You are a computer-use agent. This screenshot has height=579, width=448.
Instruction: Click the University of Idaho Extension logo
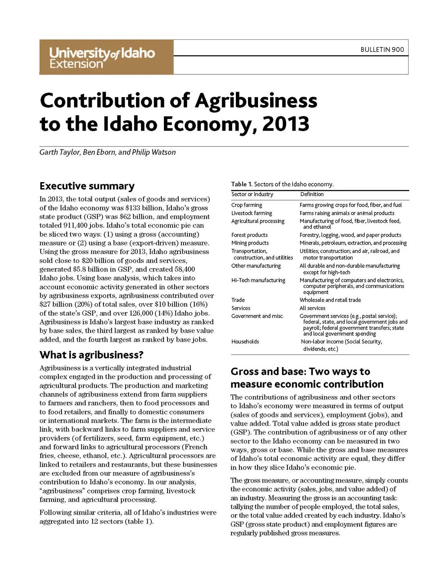[x=102, y=57]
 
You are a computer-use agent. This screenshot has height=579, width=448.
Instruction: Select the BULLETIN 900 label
[x=382, y=49]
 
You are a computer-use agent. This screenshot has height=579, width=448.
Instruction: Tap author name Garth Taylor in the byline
[x=60, y=152]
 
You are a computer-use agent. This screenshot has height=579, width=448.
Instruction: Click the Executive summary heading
[x=87, y=186]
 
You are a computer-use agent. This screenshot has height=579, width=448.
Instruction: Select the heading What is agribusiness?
[x=91, y=355]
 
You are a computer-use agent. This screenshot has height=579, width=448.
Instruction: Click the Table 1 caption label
[x=242, y=184]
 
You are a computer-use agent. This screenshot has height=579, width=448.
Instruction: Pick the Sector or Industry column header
[x=252, y=194]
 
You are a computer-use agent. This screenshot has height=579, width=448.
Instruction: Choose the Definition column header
[x=312, y=194]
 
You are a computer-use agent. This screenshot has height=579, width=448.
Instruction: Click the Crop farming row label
[x=247, y=205]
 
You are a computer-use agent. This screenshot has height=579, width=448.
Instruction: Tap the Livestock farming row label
[x=252, y=213]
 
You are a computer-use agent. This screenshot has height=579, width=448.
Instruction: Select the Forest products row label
[x=250, y=235]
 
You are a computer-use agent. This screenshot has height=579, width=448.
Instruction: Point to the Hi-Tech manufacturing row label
[x=258, y=280]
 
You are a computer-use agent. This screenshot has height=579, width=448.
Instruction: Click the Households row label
[x=245, y=341]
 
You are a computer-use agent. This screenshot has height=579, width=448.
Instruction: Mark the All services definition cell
[x=312, y=308]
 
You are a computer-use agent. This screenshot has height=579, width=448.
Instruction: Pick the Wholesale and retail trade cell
[x=330, y=300]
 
